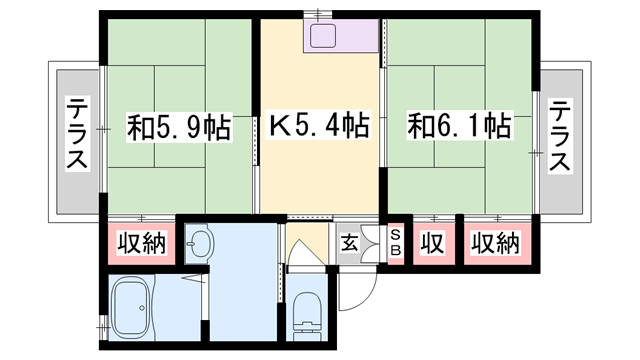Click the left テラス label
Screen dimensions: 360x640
pos(77,135)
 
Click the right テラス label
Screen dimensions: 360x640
pos(561,135)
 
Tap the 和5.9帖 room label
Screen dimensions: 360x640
pos(180,127)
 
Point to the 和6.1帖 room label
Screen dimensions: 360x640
pos(459,127)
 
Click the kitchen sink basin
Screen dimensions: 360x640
pos(326,38)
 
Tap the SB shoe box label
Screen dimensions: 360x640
pos(394,243)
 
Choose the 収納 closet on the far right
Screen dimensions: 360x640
pos(496,243)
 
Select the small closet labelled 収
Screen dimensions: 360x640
pos(431,243)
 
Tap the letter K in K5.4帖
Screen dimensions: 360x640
pos(281,127)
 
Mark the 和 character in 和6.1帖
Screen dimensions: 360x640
pos(419,127)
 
